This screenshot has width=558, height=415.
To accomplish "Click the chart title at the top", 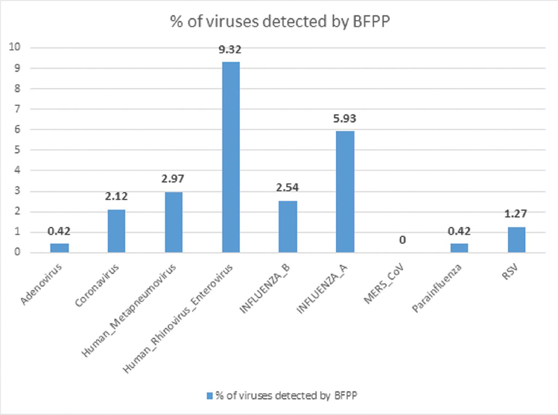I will tap(280, 22).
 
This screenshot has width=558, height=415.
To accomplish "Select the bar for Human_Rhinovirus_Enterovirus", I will tap(231, 157).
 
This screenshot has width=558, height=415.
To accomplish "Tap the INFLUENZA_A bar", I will tap(345, 192).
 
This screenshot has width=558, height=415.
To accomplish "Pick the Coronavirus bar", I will tap(116, 231).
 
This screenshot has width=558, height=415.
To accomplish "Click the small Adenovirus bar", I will tap(59, 248).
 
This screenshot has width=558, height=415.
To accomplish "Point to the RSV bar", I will tap(516, 239).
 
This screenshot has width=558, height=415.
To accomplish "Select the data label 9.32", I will tap(230, 50).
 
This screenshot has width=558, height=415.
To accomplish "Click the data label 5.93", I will tap(344, 119).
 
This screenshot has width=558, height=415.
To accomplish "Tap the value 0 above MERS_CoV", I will tap(402, 240).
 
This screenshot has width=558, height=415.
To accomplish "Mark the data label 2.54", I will tap(287, 188).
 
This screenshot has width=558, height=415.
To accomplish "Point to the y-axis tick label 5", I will tap(17, 150).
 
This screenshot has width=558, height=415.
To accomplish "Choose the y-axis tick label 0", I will tap(17, 252).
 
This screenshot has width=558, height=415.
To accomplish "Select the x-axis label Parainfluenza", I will tap(437, 288).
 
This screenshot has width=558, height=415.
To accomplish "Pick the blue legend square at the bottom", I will tap(209, 396).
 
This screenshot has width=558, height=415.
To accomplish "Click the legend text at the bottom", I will tap(286, 396).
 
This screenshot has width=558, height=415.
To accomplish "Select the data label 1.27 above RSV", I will tap(516, 213).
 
